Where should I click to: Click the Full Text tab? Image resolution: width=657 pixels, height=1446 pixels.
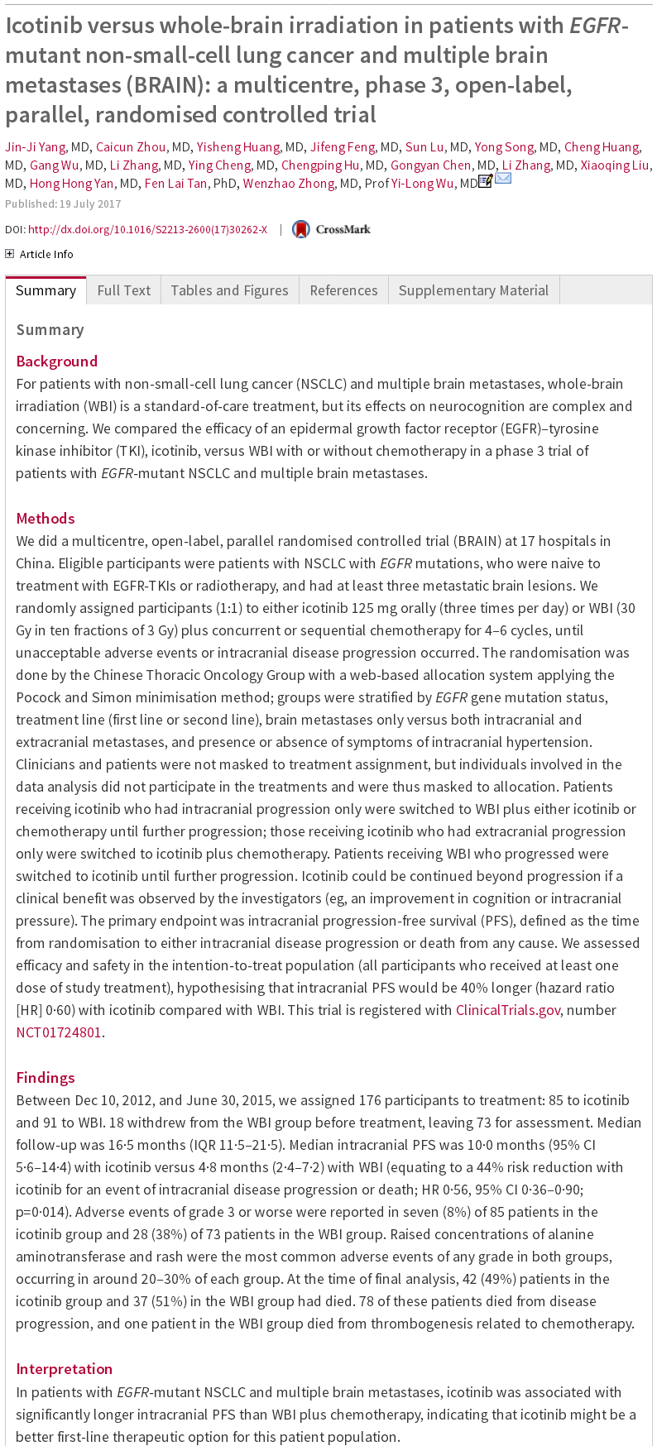pos(123,290)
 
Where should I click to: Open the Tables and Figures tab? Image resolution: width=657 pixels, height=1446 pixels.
pos(229,290)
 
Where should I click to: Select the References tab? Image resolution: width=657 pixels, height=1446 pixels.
pos(343,290)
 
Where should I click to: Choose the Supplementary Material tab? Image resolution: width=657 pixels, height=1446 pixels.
pos(473,290)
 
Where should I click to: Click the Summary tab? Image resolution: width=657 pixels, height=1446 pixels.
pos(46,290)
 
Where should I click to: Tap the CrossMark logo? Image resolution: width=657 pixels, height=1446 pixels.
pos(332,229)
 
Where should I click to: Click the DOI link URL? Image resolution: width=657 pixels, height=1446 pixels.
pos(147,229)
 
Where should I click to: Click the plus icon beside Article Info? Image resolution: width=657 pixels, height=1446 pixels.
pos(10,254)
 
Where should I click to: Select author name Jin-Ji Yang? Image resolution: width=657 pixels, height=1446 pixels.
pos(35,147)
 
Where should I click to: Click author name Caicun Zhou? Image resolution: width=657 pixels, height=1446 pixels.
pos(131,147)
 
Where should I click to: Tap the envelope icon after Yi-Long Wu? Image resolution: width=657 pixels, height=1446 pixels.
pos(503,179)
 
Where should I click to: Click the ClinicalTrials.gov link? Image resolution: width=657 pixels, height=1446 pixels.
pos(507,1010)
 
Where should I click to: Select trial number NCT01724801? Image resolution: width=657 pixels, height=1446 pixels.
pos(59,1032)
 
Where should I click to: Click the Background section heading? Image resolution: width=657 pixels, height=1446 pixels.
pos(56,361)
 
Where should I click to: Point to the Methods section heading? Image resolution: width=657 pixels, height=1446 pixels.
pos(46,519)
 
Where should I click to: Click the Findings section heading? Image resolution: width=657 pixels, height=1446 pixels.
pos(46,1078)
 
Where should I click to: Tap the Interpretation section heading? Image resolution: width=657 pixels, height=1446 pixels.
pos(64,1369)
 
